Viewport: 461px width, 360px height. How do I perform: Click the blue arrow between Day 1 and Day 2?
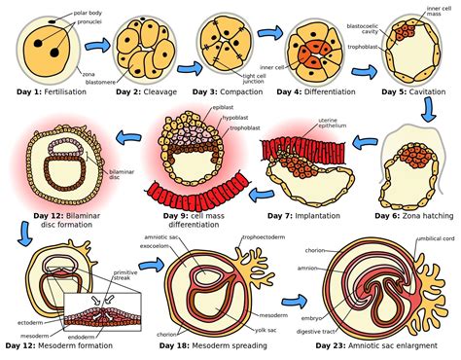95,45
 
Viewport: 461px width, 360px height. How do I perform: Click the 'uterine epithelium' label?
335,123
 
